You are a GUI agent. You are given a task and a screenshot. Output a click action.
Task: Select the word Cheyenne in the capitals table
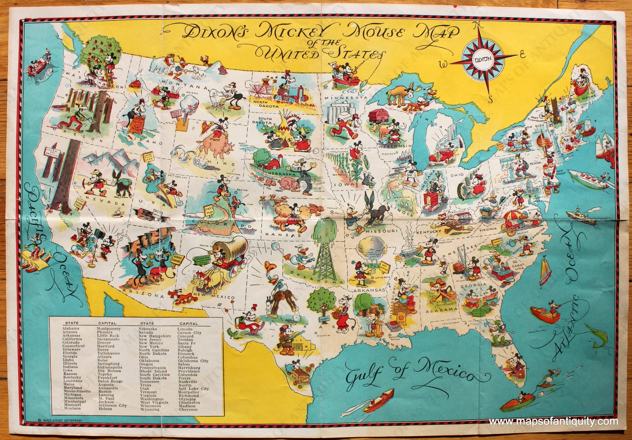pos(188,417)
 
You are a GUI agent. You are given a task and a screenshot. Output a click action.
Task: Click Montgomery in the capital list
pos(108,329)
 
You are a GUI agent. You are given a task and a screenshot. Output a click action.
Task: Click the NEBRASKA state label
pos(276,175)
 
